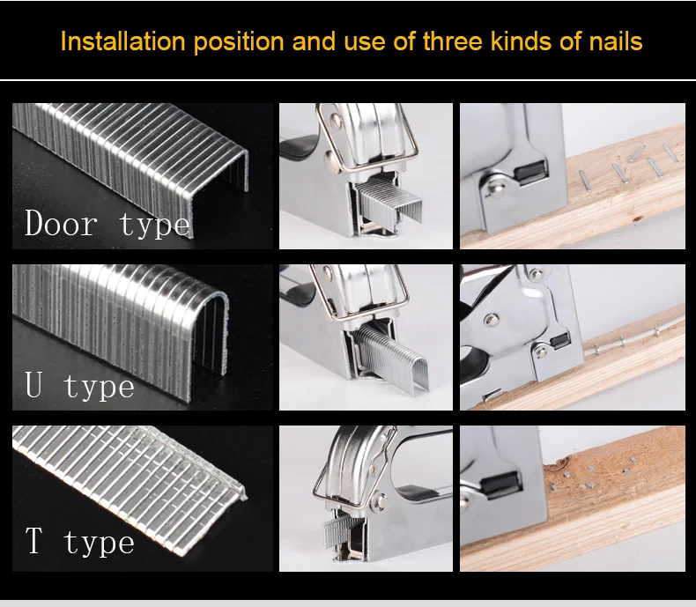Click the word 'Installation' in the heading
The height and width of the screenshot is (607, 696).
[123, 41]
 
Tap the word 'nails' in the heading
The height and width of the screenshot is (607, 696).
[616, 41]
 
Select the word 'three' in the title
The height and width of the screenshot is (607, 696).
[452, 41]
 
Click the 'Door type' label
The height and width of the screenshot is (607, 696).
[107, 225]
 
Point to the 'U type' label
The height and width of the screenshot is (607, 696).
[80, 386]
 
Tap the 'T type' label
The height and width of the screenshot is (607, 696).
[80, 541]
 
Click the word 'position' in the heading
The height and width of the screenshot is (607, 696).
[239, 42]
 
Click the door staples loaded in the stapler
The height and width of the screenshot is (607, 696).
[389, 201]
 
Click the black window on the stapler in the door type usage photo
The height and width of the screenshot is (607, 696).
[532, 171]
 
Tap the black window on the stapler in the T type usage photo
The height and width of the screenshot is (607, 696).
[501, 483]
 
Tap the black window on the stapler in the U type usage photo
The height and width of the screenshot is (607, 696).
[560, 340]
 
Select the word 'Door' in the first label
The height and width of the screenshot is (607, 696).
[61, 223]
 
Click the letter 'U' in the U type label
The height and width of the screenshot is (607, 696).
[34, 384]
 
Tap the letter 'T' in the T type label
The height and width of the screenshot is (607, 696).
[34, 540]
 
